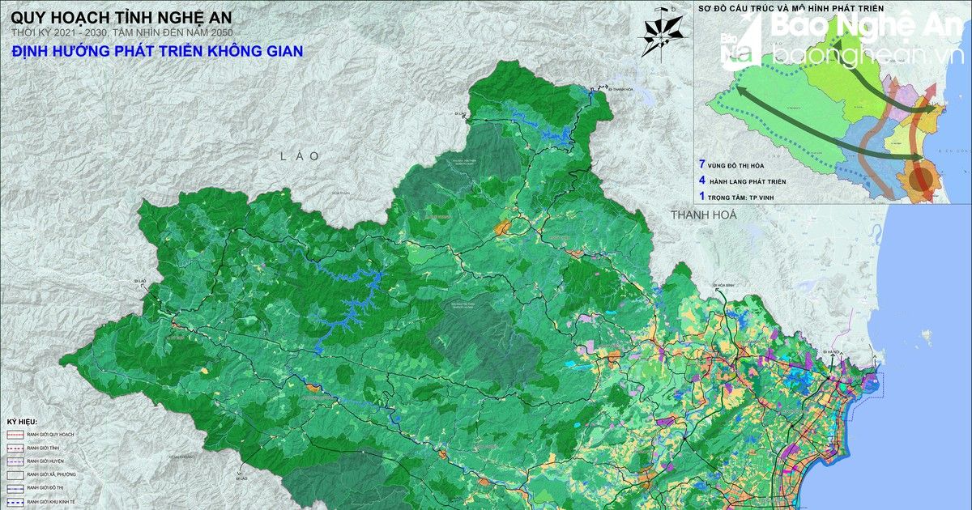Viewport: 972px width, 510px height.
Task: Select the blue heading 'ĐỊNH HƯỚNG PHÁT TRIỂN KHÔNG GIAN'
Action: pos(157,51)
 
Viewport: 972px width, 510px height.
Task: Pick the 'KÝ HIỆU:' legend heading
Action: pos(23,423)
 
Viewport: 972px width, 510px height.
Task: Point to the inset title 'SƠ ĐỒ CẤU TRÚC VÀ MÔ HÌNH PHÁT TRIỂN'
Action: pos(790,8)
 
